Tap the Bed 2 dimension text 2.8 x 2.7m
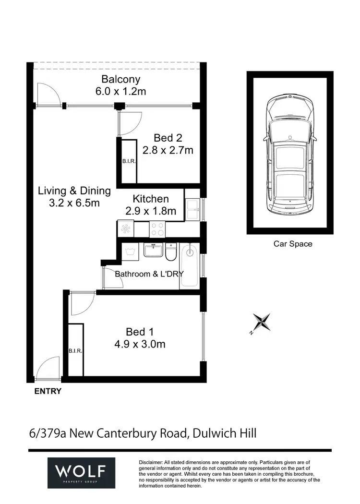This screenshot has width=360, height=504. (x=168, y=150)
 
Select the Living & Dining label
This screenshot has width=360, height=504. (x=74, y=191)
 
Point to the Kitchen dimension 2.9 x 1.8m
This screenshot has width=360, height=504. (x=151, y=211)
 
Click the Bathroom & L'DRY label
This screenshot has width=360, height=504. (x=149, y=274)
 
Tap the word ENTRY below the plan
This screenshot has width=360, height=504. (x=48, y=391)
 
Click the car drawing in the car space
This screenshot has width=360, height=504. (x=290, y=154)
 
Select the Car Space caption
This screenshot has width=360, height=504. (x=293, y=244)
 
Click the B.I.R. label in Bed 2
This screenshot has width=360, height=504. (x=129, y=162)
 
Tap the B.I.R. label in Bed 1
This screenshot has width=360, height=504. (x=75, y=351)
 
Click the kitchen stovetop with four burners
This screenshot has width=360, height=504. (x=157, y=229)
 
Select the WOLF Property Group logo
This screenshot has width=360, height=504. (x=81, y=472)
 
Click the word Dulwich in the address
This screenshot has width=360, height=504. (x=211, y=433)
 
